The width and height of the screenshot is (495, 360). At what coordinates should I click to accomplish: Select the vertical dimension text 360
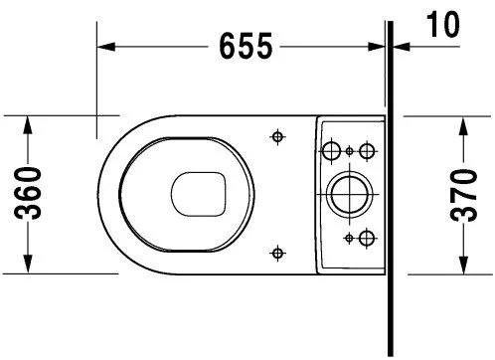[30, 194]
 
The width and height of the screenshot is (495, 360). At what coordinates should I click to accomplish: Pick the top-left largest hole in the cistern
[332, 151]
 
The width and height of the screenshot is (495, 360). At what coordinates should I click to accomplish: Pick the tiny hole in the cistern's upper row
[350, 150]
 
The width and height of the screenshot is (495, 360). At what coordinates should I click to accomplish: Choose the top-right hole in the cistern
[367, 150]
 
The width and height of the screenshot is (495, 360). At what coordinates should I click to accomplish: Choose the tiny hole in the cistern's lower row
[350, 237]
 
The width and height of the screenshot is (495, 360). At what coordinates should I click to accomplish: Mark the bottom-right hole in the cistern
[367, 237]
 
